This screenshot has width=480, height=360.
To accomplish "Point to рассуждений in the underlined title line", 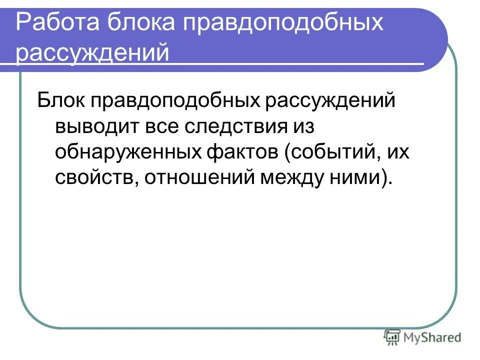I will pyautogui.click(x=93, y=52).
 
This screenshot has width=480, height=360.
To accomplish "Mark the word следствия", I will pyautogui.click(x=239, y=126).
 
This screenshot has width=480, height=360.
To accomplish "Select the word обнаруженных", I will pyautogui.click(x=125, y=152).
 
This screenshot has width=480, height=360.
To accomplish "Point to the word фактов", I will pyautogui.click(x=241, y=152).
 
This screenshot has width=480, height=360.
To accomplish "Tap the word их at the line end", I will pyautogui.click(x=398, y=152).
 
